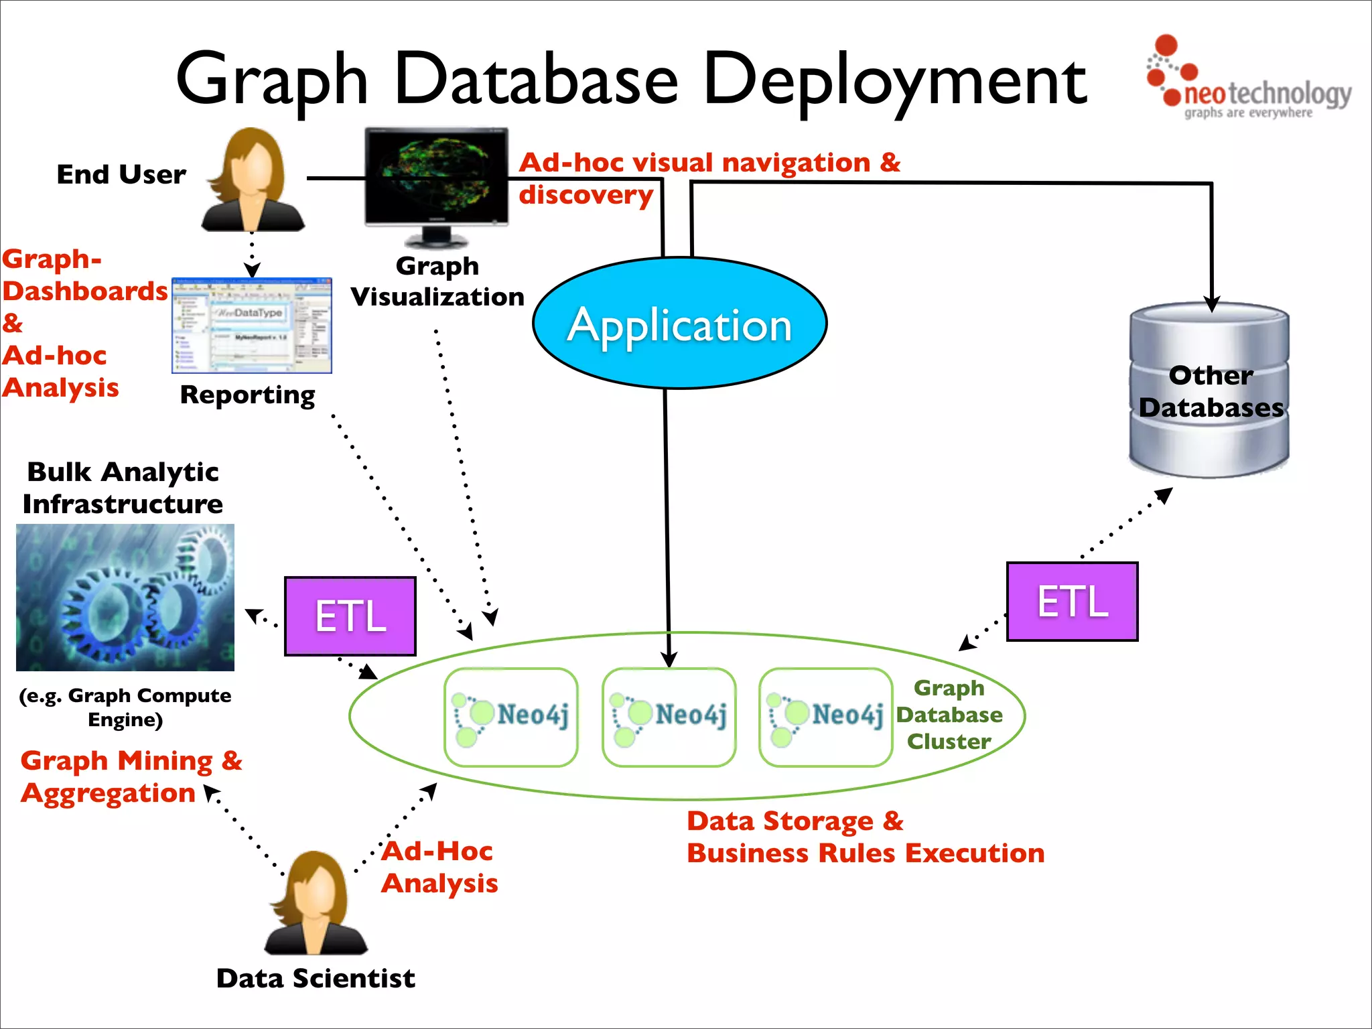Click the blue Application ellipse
point(679,323)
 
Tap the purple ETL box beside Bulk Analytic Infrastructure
point(350,616)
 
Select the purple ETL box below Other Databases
point(1072,601)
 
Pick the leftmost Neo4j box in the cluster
point(511,716)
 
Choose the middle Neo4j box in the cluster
point(669,716)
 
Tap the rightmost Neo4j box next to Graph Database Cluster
point(825,716)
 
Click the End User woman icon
point(253,181)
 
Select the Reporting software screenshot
point(252,325)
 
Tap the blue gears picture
point(125,597)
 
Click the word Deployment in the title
point(894,80)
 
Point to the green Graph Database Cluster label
point(949,715)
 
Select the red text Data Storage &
point(795,821)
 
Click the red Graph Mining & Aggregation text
point(131,776)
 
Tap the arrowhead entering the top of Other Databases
point(1211,303)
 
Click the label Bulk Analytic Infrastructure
point(123,488)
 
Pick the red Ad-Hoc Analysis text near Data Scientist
point(439,867)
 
